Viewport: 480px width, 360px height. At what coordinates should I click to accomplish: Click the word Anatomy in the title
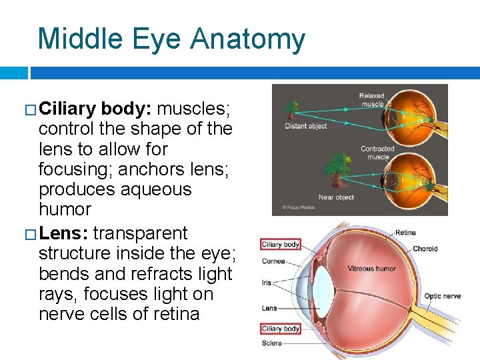click(248, 39)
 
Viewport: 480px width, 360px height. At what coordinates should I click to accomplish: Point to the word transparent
click(141, 234)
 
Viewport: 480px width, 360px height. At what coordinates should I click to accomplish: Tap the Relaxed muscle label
click(372, 99)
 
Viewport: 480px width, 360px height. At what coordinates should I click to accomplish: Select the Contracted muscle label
click(377, 153)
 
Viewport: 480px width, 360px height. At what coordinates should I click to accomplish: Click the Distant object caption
click(305, 127)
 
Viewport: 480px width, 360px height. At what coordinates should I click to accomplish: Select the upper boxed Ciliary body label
click(281, 245)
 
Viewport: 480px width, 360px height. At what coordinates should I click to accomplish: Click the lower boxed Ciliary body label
click(281, 329)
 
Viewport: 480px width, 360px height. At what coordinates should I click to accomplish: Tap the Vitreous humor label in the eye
click(371, 269)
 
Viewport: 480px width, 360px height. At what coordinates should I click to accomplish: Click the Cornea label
click(273, 261)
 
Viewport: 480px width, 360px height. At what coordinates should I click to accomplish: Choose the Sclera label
click(272, 343)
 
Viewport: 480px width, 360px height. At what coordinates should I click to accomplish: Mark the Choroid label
click(425, 249)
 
